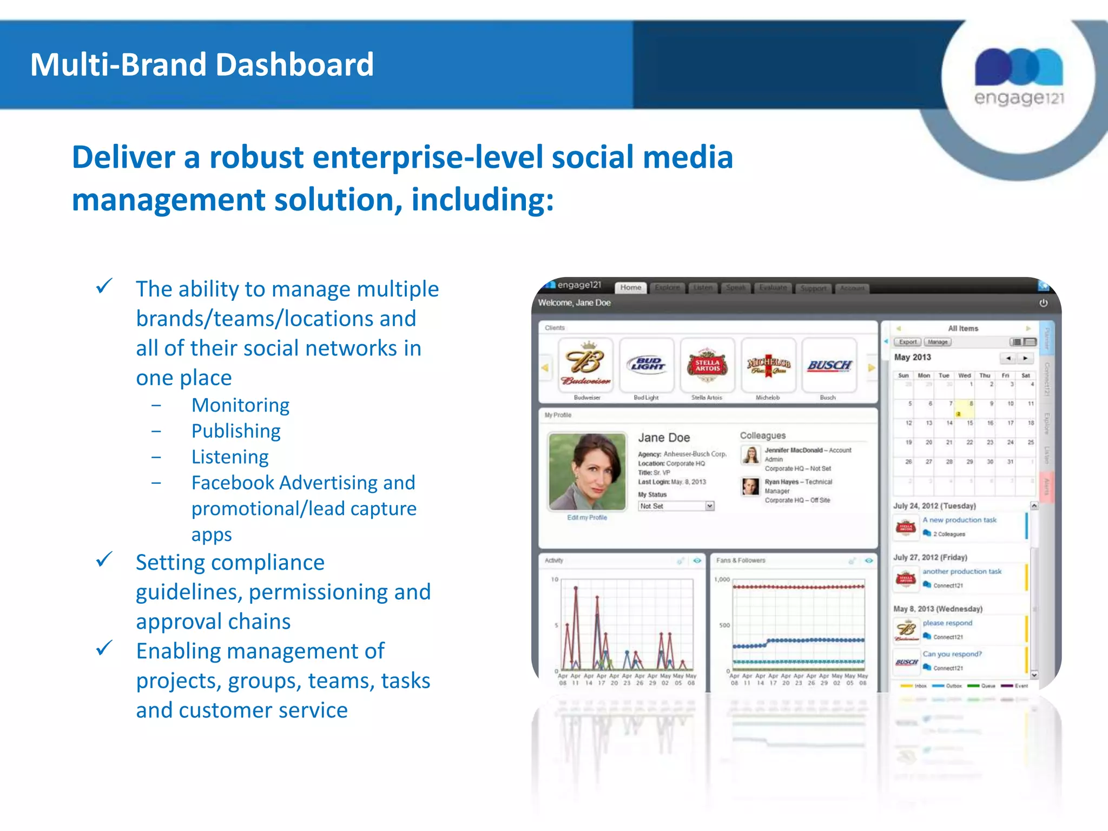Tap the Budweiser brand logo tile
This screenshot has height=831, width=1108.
click(x=586, y=365)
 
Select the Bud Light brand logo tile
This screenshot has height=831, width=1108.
click(x=647, y=365)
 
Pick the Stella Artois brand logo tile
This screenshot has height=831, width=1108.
click(x=707, y=365)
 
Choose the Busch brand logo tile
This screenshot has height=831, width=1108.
click(x=829, y=365)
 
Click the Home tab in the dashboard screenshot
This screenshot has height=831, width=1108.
click(x=630, y=288)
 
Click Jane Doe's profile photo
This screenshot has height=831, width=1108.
click(x=587, y=471)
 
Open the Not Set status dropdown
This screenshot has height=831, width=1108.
click(x=676, y=506)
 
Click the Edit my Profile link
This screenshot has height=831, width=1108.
click(x=587, y=518)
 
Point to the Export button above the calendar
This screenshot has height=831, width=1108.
click(x=907, y=342)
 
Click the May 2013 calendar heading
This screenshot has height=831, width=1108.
click(x=913, y=357)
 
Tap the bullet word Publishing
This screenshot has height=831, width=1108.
click(x=236, y=431)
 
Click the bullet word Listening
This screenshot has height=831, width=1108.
click(x=230, y=457)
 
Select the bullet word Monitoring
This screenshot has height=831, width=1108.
click(x=240, y=405)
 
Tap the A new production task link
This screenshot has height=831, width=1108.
click(x=959, y=520)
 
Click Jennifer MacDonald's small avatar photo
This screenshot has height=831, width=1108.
click(x=750, y=455)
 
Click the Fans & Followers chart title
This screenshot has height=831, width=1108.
click(x=741, y=560)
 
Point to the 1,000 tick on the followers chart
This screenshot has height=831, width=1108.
click(x=722, y=579)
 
